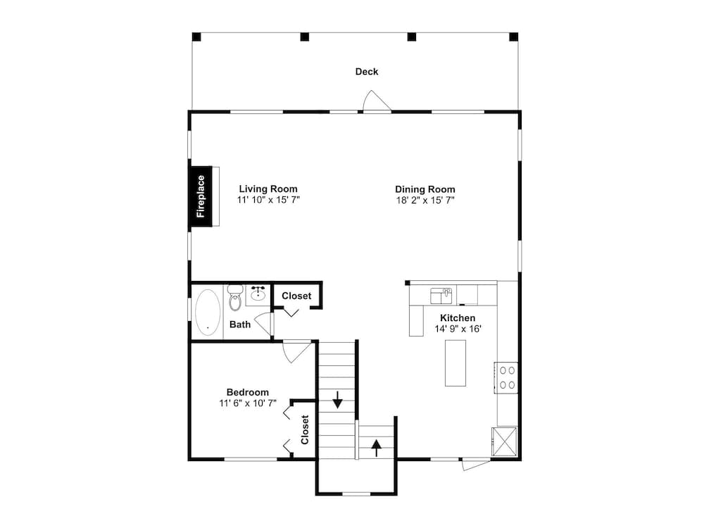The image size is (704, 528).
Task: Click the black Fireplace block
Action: click(x=200, y=198)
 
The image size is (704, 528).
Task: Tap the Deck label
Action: click(x=366, y=71)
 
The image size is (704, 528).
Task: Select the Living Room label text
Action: click(x=268, y=189)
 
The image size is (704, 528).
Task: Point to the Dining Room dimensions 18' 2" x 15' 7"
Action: click(x=425, y=200)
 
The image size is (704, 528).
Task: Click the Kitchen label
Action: click(x=458, y=318)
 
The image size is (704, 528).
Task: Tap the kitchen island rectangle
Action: click(x=455, y=363)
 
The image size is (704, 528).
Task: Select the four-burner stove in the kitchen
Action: click(x=507, y=376)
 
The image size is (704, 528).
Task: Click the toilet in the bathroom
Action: click(x=235, y=298)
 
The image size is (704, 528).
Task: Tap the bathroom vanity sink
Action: click(x=257, y=294)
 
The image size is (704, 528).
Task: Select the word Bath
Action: click(x=239, y=325)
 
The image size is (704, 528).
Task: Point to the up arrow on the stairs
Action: click(x=377, y=445)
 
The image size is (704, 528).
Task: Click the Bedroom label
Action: click(x=247, y=392)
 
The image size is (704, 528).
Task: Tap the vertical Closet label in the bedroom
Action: click(x=305, y=429)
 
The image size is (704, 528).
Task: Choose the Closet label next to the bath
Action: click(x=296, y=296)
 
